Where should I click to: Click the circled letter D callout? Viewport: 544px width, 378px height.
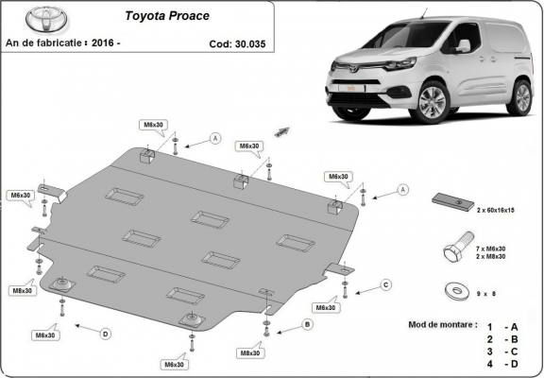pos(105,333)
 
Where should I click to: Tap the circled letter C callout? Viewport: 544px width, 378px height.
pos(385,284)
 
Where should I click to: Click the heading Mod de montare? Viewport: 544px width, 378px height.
pos(443,324)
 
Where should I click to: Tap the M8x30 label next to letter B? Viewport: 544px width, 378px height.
pos(250,352)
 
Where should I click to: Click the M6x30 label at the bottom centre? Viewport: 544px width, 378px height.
pos(173,364)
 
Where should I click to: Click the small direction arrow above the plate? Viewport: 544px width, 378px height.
pos(281,130)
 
